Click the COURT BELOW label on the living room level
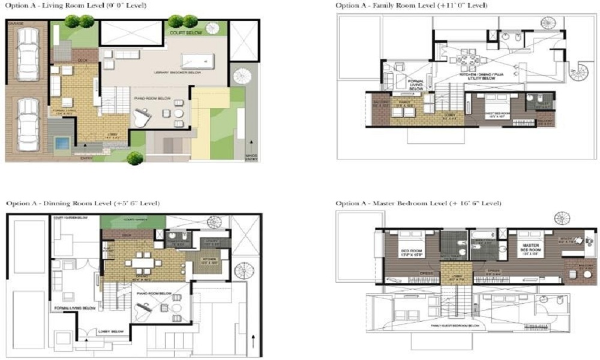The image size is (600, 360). click(x=182, y=34)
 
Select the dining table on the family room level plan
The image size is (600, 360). click(x=468, y=61)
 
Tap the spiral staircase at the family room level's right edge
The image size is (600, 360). click(x=579, y=71)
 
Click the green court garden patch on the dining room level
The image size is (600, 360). click(x=130, y=221)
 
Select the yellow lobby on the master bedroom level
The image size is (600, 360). click(x=457, y=277)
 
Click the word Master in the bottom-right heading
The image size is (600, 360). click(x=404, y=203)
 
